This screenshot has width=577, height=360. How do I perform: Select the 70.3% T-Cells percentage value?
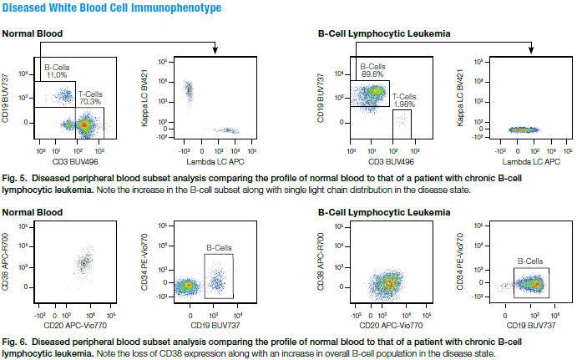coord(89,102)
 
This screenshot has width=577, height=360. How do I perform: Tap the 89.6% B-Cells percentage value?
coord(371,73)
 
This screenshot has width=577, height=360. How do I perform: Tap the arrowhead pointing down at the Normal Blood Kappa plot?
coord(215,53)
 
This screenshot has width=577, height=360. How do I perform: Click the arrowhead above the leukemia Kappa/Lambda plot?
coord(532,53)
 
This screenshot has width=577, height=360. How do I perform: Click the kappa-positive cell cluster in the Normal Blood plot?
coord(189,89)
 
